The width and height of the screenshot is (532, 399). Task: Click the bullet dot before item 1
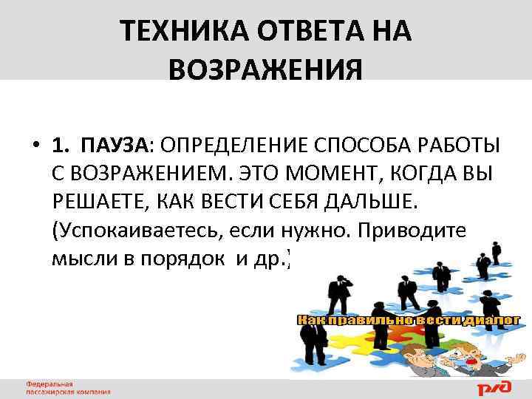click(x=35, y=143)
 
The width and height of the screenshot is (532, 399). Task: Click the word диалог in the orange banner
click(x=492, y=320)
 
